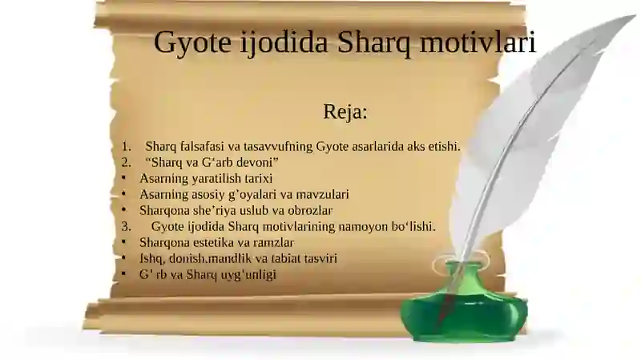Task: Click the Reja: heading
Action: coord(345,111)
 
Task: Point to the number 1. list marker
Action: coord(126,147)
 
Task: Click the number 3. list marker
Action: coord(126,227)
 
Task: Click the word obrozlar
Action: coord(304,211)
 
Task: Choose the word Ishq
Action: coord(151,258)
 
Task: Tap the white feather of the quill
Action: coord(529,120)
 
